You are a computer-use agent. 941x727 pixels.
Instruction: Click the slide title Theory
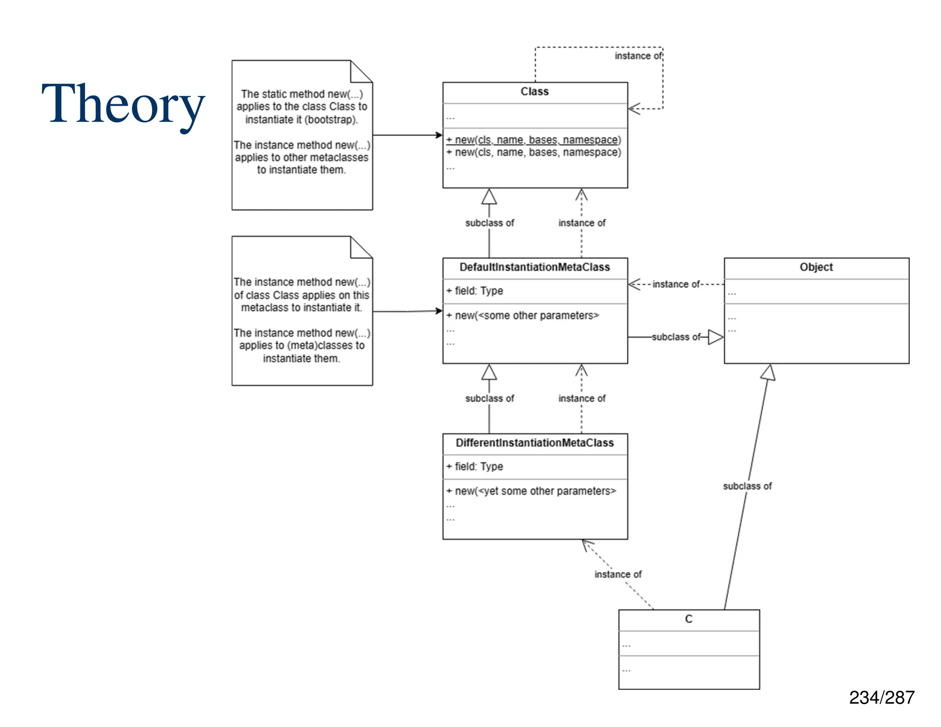(123, 105)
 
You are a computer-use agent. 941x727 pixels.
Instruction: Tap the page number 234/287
(881, 698)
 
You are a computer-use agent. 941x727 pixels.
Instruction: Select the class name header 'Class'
(534, 92)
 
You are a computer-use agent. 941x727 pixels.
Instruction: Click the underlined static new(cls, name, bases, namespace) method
(533, 140)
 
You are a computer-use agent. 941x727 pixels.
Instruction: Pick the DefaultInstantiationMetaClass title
(534, 267)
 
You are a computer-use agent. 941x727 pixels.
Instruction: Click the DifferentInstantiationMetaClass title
(534, 443)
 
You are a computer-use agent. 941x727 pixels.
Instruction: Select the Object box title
(816, 267)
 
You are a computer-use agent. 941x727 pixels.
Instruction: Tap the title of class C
(688, 619)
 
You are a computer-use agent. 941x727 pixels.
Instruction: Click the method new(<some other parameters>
(523, 316)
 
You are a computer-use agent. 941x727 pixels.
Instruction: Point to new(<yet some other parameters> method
(532, 491)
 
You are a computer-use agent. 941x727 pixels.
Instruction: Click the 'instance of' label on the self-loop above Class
(638, 56)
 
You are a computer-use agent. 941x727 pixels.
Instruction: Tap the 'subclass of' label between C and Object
(747, 486)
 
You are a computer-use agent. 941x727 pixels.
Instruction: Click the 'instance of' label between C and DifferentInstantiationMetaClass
(618, 574)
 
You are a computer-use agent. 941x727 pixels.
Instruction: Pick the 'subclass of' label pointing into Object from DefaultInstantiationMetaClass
(676, 337)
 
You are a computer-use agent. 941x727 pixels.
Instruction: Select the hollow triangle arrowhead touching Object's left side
(715, 337)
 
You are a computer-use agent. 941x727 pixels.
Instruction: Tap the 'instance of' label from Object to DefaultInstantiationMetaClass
(676, 284)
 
